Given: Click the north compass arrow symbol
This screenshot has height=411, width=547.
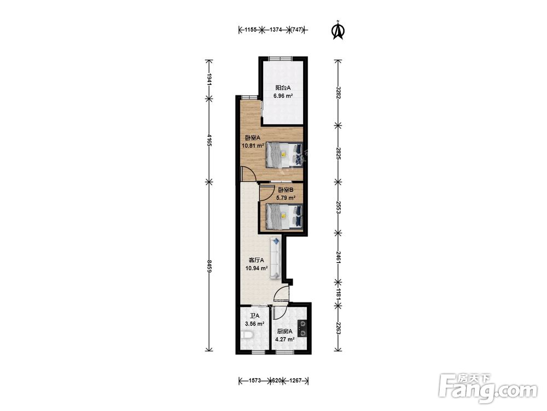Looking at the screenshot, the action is (337, 30).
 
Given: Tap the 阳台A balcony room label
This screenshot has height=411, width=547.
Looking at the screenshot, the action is (283, 88).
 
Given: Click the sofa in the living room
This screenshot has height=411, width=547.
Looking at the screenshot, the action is (275, 258).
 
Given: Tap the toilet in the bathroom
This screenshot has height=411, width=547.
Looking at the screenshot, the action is (247, 336).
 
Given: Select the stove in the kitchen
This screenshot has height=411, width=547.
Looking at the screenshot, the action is (302, 329).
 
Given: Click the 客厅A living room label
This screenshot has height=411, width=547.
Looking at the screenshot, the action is (257, 260).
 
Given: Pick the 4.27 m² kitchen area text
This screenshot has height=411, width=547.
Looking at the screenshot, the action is (285, 339).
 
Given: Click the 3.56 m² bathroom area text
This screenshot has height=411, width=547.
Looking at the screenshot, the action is (255, 324).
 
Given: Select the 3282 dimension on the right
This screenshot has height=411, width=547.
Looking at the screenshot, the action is (337, 93).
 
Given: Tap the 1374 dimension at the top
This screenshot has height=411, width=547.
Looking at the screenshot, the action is (276, 30).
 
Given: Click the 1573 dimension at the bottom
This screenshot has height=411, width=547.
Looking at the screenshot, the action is (255, 381).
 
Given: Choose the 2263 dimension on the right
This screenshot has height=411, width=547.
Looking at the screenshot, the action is (337, 328).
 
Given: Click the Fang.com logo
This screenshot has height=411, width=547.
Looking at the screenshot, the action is (488, 388).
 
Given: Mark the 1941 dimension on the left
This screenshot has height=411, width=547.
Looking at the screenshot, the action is (209, 79).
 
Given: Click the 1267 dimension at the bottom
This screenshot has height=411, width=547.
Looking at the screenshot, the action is (295, 381).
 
